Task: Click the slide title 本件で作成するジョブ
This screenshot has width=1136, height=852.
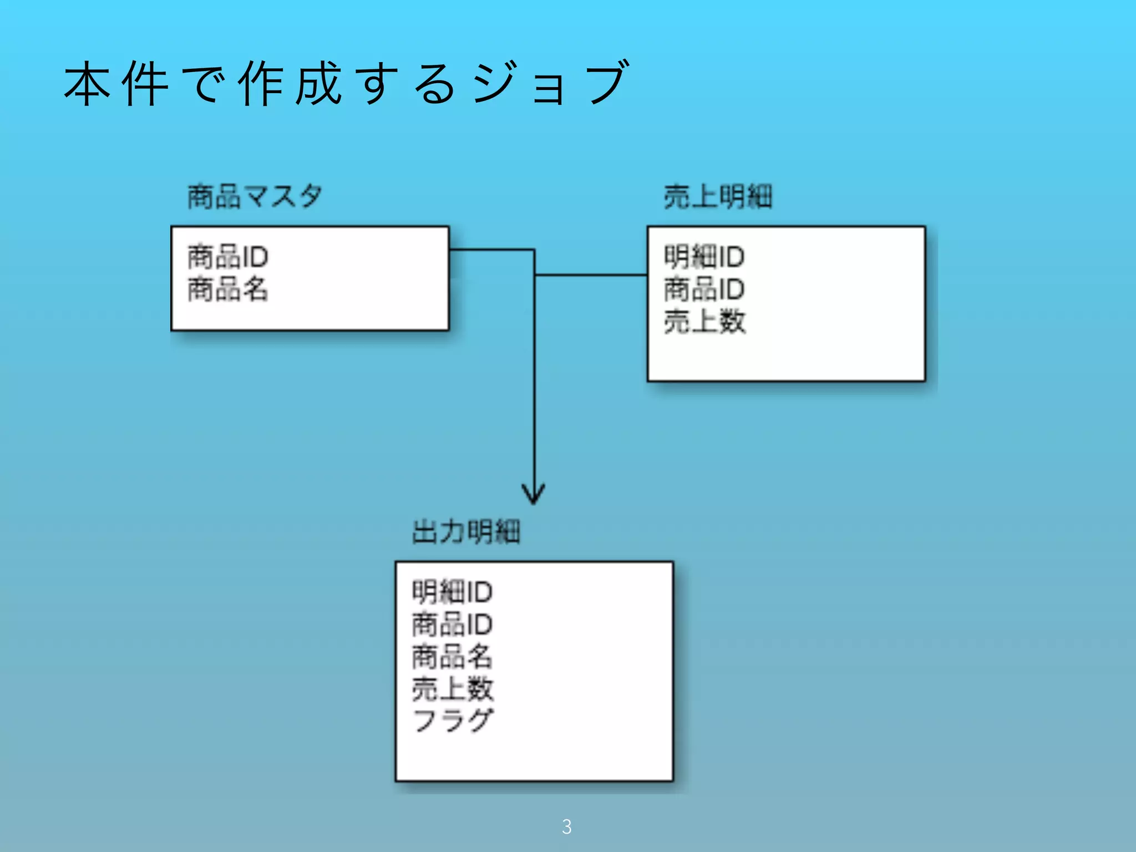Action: point(346,83)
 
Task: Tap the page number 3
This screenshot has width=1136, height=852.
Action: point(566,826)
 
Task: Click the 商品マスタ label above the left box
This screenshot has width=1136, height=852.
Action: point(255,196)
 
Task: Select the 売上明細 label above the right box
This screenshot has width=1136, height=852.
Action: point(718,196)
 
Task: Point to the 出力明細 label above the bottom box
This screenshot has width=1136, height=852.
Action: point(466,531)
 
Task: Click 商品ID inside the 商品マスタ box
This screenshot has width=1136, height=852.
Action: point(228,256)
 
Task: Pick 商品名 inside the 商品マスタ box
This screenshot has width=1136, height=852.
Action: point(228,289)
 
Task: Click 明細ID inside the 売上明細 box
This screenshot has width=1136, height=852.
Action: point(704,256)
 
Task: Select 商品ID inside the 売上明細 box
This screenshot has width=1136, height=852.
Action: point(704,289)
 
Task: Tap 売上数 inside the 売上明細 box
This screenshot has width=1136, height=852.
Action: point(704,321)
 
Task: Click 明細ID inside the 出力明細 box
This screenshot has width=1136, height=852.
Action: point(452,591)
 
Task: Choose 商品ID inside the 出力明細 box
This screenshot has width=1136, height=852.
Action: point(452,624)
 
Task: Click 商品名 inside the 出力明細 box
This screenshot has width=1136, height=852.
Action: point(452,656)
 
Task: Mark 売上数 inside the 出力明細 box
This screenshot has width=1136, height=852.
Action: point(452,688)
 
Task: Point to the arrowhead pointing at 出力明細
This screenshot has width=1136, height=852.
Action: point(534,494)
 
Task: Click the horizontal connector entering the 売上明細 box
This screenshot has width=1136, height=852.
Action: point(591,275)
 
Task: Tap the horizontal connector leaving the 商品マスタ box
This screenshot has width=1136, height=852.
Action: point(491,250)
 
